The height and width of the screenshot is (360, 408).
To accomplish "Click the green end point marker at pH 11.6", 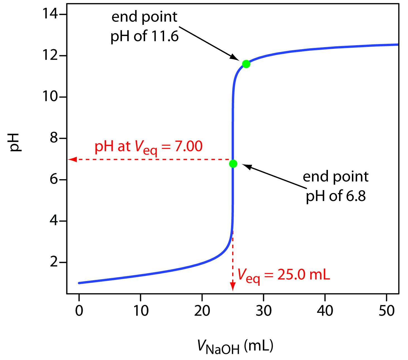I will pos(246,64).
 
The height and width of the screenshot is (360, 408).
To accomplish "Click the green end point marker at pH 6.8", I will pos(233,164).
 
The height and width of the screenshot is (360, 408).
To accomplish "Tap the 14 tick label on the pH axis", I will pos(50,14).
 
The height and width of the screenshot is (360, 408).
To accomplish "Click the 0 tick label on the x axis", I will pos(79,310).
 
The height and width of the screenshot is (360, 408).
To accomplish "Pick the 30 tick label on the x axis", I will pos(263,310).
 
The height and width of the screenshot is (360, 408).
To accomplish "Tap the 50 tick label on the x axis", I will pos(387,310).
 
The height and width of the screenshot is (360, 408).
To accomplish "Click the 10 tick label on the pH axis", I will pos(50,97).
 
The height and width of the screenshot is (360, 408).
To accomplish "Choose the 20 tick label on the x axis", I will pos(202,310).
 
